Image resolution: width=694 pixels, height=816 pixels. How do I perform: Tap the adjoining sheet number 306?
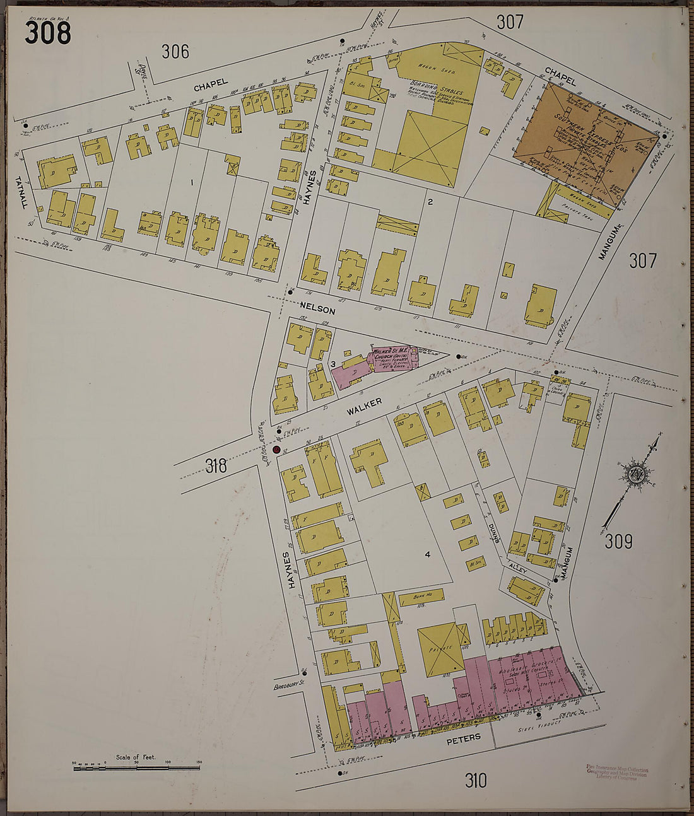(175, 51)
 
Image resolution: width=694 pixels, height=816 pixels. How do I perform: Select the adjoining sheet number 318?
(216, 466)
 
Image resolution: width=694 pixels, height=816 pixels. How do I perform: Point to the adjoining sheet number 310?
(476, 781)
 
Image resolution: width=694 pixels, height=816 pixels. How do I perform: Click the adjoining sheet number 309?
(618, 541)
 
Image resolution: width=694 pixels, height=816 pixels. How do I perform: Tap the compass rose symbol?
(632, 474)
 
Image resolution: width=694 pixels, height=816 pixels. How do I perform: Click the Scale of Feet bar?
(136, 767)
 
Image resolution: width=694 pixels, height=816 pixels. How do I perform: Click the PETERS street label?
(464, 737)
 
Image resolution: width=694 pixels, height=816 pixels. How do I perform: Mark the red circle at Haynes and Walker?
(276, 449)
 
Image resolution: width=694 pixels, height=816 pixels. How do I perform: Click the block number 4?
(427, 554)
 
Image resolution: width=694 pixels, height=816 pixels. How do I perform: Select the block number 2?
(430, 202)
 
